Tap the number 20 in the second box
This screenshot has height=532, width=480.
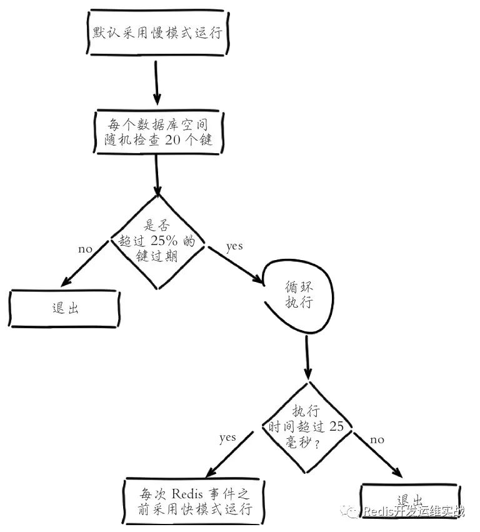coord(172,139)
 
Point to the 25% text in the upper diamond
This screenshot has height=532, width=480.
coord(164,241)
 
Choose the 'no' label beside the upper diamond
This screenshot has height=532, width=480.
coord(85,249)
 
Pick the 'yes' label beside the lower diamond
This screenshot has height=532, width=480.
coord(227,438)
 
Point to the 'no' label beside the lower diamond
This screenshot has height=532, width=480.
coord(377,440)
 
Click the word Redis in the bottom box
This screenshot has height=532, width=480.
coord(187,493)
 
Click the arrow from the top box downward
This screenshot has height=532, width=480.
coord(156,83)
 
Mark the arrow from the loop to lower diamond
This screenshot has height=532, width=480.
coord(307,357)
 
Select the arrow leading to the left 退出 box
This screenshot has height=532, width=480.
coord(84,264)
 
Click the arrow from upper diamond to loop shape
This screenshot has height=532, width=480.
coord(236,264)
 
